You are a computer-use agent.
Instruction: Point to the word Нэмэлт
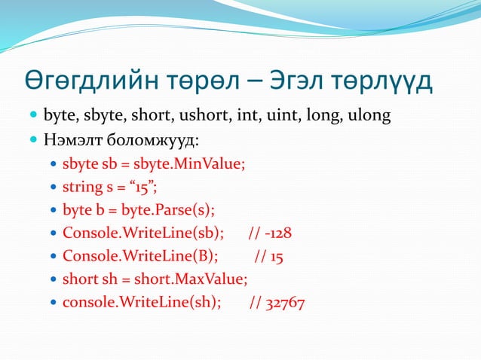73,140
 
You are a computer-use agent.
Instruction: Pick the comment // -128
269,233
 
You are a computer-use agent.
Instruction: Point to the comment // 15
268,256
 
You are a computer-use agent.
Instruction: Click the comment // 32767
277,303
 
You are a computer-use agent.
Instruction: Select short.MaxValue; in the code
191,279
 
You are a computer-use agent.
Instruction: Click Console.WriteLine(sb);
143,233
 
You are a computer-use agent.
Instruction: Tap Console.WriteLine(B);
140,256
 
